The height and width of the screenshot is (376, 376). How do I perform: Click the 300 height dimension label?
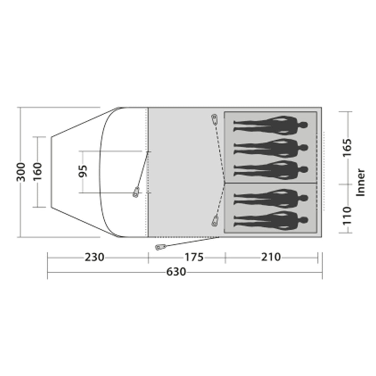21,172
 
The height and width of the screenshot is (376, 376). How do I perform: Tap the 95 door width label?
83,171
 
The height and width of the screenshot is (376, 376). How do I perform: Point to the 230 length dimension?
94,257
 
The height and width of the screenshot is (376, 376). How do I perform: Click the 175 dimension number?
194,257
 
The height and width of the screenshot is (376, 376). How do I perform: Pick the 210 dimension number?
271,257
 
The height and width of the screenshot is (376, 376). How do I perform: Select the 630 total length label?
176,272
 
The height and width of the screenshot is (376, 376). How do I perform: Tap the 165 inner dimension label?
347,148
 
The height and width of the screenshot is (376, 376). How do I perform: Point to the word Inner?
360,182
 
